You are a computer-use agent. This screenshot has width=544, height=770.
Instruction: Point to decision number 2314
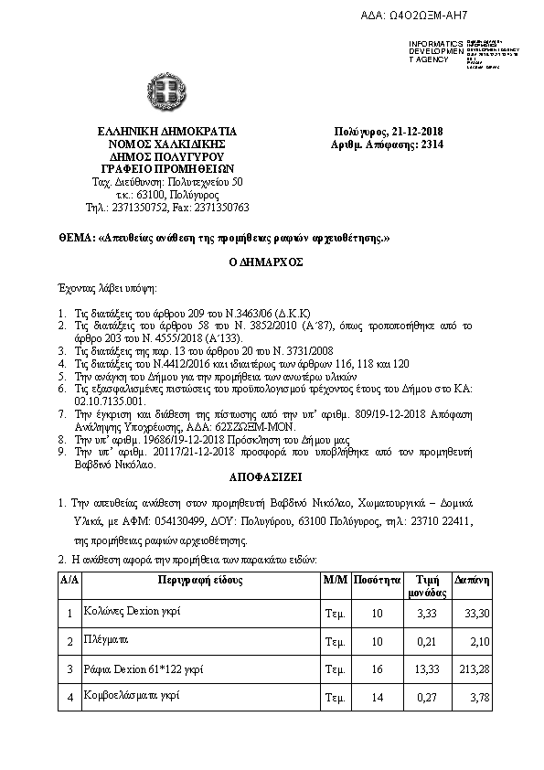click(432, 144)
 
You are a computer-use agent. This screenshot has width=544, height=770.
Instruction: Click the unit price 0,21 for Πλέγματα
click(425, 641)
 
